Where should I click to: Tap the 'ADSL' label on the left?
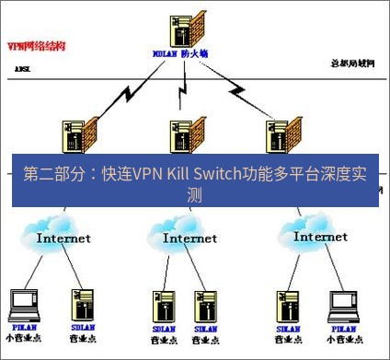click(22, 69)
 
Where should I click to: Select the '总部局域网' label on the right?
click(352, 63)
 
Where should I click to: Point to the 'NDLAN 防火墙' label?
click(180, 53)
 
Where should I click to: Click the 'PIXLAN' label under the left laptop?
click(23, 327)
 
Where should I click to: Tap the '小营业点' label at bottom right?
click(343, 338)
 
